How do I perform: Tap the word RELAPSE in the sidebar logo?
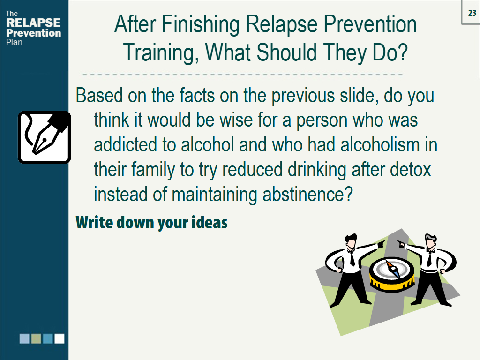pos(33,23)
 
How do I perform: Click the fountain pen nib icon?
pos(44,137)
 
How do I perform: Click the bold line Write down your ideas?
pos(151,222)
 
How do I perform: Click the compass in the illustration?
pos(392,273)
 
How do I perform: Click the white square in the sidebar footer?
pos(60,338)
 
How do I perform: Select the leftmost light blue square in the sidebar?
pos(24,338)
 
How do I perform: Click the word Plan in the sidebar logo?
pos(14,42)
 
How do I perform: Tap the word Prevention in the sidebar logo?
pos(33,33)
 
